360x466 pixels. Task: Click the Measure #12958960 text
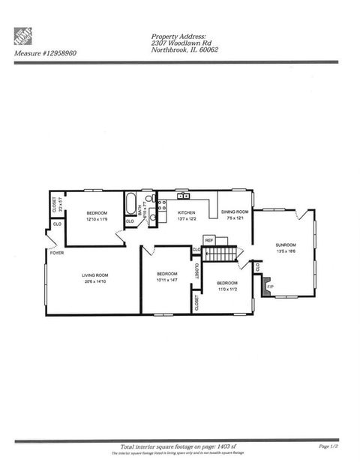(45, 53)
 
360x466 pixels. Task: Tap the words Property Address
(178, 36)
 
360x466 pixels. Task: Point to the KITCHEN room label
(186, 213)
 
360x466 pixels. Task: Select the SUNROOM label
(285, 245)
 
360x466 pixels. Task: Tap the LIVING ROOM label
(95, 275)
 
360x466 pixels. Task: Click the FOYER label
(56, 253)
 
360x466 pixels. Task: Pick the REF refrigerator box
(209, 240)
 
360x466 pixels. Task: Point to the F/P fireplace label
(271, 286)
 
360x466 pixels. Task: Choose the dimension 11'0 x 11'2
(227, 289)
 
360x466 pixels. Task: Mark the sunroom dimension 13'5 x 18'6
(285, 251)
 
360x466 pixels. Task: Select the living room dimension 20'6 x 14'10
(95, 281)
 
